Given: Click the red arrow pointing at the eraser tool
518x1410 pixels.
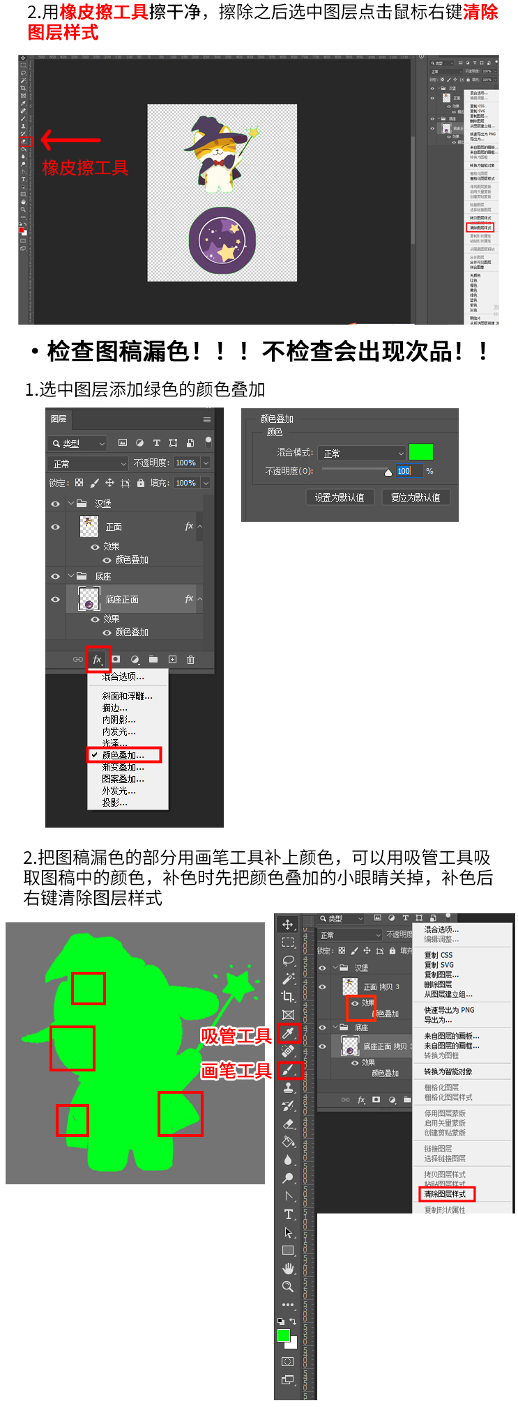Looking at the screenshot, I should [x=70, y=140].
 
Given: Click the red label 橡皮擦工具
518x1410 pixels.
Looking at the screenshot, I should [x=85, y=168].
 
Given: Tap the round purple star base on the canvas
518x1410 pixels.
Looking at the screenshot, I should [x=222, y=240].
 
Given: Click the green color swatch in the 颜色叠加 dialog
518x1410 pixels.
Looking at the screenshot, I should [x=420, y=452].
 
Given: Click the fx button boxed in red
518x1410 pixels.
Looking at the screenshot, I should [x=98, y=659].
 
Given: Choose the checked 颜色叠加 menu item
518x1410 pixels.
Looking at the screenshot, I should [x=123, y=755].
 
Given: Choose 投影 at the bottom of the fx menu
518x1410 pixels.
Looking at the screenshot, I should [x=114, y=803].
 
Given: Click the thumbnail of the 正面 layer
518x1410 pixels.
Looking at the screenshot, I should [x=89, y=527].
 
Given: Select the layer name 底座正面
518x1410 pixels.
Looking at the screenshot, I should [x=122, y=599].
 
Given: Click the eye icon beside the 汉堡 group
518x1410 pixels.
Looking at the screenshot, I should [x=56, y=504].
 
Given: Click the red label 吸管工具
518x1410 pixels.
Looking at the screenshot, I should [x=236, y=1037].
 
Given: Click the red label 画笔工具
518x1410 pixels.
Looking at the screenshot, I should [x=236, y=1071].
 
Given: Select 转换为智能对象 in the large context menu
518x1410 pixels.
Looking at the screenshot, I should [x=448, y=1071].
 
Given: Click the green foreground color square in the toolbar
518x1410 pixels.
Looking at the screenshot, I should [x=284, y=1335].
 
